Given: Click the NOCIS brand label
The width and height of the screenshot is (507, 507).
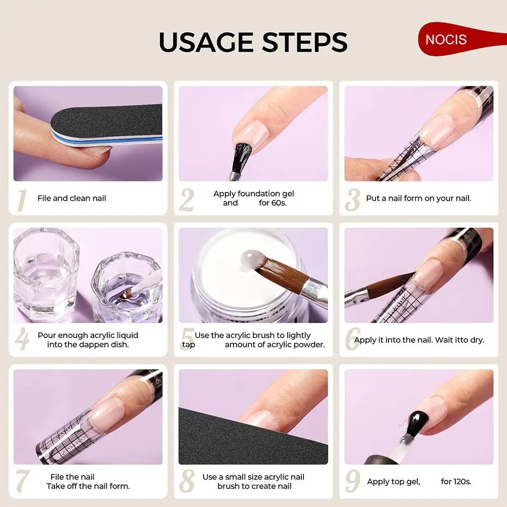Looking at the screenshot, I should click(x=446, y=40).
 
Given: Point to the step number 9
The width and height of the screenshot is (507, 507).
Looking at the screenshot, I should click(x=352, y=482).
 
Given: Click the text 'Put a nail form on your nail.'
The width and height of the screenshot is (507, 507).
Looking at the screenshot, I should click(x=418, y=199).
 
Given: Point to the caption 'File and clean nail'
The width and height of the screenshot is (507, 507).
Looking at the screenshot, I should click(x=71, y=199).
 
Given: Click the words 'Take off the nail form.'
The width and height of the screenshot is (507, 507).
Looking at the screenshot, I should click(x=88, y=486).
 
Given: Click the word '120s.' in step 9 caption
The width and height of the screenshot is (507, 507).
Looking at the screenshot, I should click(x=456, y=482).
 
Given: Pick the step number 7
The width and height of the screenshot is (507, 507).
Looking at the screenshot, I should click(x=21, y=482).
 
